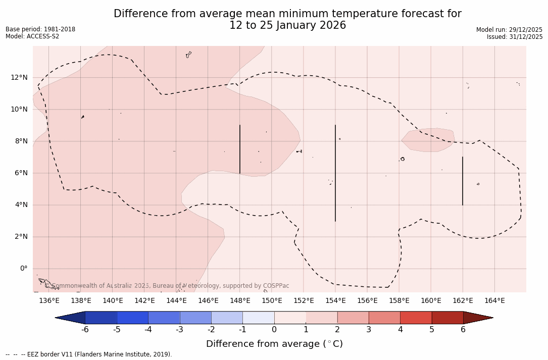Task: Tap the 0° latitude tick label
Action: pos(23,269)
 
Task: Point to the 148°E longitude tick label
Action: pos(240,301)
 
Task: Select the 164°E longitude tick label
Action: pos(494,301)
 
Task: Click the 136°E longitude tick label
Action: pos(49,301)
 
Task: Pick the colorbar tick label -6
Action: pos(85,330)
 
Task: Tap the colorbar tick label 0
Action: pos(274,330)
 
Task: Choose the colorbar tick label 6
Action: pos(463,330)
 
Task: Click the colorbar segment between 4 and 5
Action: pos(416,318)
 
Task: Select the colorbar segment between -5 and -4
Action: pos(132,318)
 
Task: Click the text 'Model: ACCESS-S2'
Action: pos(32,36)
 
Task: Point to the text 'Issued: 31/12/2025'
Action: pos(515,37)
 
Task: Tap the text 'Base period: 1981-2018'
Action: pos(40,29)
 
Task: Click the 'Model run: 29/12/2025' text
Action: pos(509,30)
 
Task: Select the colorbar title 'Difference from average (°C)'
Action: pos(274,344)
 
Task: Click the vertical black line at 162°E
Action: pos(463,181)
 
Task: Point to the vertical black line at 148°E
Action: pos(240,149)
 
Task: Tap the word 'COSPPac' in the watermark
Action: pos(276,286)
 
